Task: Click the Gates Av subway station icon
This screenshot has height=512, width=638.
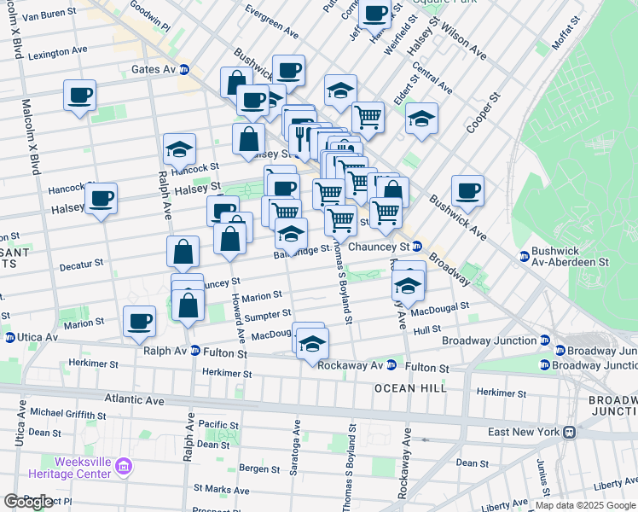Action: [183, 70]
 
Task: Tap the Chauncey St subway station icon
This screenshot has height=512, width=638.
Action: [418, 247]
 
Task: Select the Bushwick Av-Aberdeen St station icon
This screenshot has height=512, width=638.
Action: [525, 256]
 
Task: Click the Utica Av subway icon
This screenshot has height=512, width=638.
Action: [9, 338]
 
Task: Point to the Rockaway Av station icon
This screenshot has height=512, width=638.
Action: [391, 365]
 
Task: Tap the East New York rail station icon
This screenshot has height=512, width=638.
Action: [566, 432]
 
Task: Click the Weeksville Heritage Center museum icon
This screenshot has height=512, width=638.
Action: [124, 467]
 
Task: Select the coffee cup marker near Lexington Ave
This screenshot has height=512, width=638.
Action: [79, 95]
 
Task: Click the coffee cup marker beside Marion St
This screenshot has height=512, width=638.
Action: [139, 321]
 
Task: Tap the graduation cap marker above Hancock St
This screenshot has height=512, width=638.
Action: [179, 148]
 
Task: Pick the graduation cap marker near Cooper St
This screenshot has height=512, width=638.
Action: [421, 119]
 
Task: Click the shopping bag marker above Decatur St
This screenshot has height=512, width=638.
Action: [183, 251]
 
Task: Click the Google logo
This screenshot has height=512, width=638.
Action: [28, 502]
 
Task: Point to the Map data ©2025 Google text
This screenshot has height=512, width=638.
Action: [585, 505]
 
